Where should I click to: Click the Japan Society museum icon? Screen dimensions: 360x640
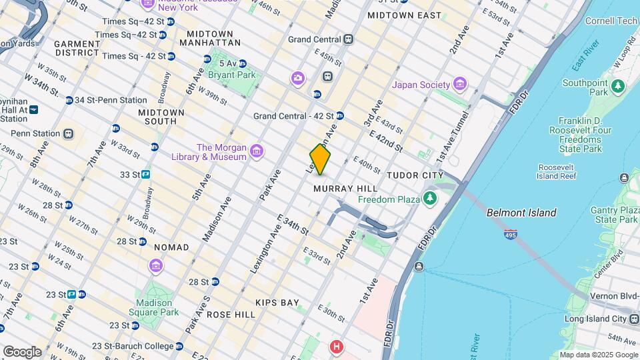click(x=459, y=84)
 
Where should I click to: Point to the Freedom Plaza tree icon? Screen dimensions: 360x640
click(x=430, y=199)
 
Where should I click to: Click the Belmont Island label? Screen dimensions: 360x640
click(x=521, y=213)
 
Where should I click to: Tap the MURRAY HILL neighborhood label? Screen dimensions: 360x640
click(x=346, y=189)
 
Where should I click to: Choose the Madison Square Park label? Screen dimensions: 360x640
click(x=154, y=307)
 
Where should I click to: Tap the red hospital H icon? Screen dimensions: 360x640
click(x=337, y=347)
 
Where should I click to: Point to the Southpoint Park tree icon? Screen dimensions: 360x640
click(x=618, y=86)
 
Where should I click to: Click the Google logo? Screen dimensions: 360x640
click(x=22, y=351)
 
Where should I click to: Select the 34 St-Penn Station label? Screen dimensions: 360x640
click(x=111, y=100)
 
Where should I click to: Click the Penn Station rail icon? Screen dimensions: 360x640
click(x=68, y=133)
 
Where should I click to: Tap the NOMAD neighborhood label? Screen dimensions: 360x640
click(x=171, y=247)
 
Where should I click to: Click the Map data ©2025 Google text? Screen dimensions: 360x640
click(x=598, y=355)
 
